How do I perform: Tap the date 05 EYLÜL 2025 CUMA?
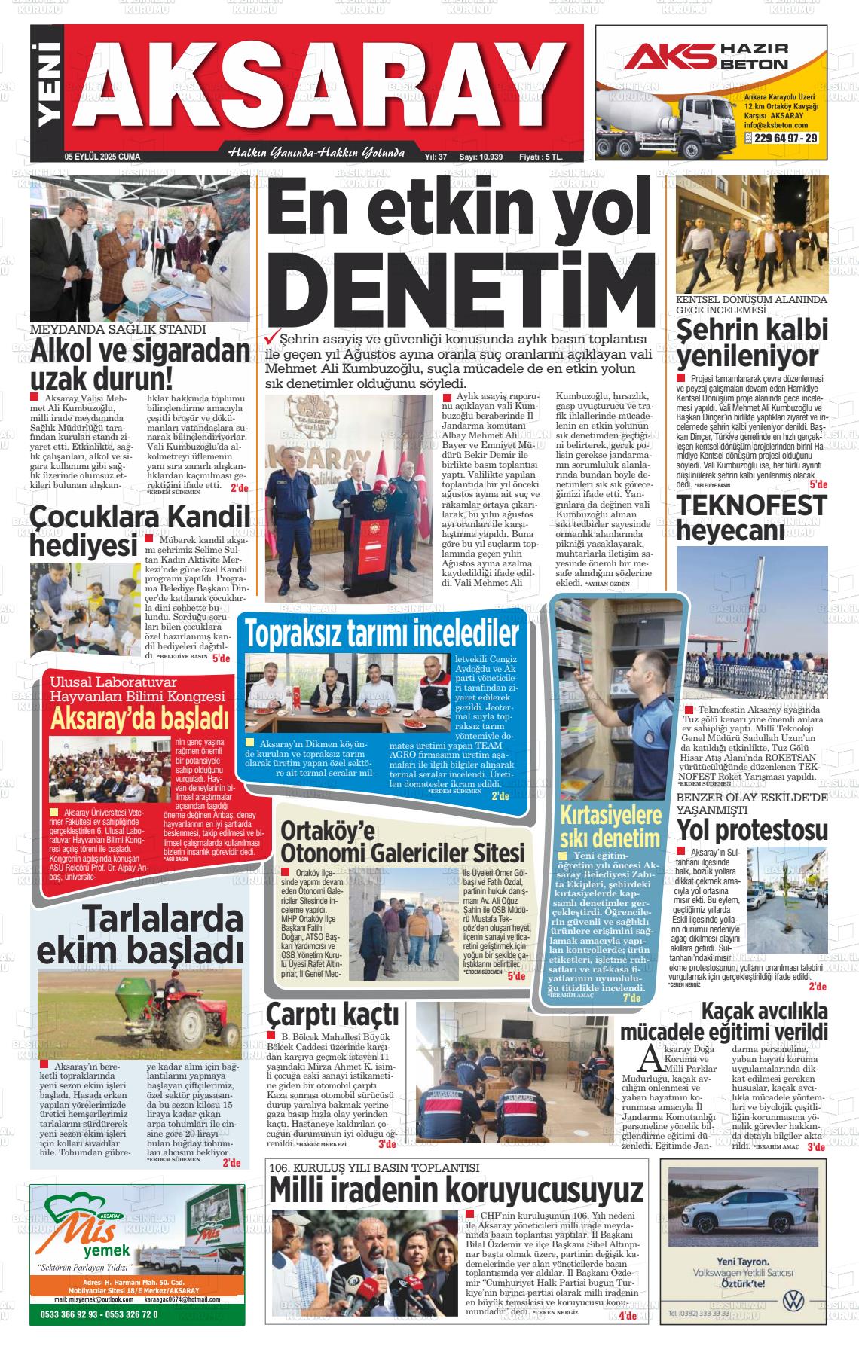(x=102, y=157)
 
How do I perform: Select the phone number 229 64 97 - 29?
(x=784, y=139)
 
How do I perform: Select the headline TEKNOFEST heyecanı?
(x=751, y=517)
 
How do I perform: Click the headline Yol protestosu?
(x=751, y=830)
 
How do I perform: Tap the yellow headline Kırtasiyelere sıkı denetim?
(x=610, y=826)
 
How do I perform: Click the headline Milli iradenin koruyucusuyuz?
(x=456, y=1191)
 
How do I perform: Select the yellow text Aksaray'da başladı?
(x=139, y=719)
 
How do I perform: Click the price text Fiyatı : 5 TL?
(x=541, y=157)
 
